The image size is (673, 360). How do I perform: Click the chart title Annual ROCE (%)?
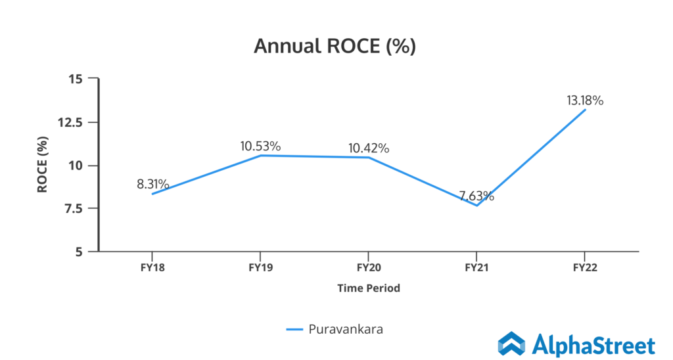(x=335, y=47)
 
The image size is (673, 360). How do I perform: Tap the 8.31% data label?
(x=153, y=184)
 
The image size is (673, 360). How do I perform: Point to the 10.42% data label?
(x=369, y=148)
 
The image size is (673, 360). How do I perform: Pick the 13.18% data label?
(x=585, y=101)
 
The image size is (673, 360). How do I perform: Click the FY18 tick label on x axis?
(x=153, y=268)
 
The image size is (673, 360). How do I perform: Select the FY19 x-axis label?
(x=261, y=268)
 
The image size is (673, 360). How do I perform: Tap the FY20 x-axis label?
(x=369, y=268)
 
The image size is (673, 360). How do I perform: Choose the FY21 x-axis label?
(x=476, y=268)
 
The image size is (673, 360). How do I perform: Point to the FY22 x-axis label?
(x=584, y=268)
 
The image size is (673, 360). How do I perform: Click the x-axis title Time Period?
(x=369, y=288)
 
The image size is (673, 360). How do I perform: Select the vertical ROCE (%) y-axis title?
(x=42, y=165)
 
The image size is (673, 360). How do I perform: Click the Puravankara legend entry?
(x=335, y=329)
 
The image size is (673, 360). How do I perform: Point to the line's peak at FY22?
(x=584, y=110)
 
